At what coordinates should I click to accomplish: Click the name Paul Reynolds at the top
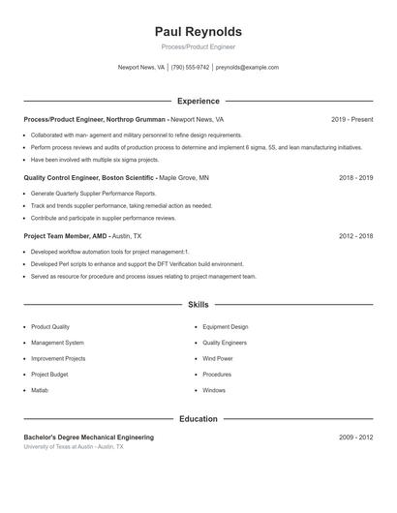(x=198, y=32)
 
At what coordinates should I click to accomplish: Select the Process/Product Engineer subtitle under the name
(x=198, y=46)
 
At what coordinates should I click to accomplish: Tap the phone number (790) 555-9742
(x=190, y=68)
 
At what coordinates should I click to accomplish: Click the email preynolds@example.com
(x=247, y=68)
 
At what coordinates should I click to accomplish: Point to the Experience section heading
(x=198, y=101)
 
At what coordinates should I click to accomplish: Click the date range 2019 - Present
(x=351, y=119)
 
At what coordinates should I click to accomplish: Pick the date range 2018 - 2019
(x=355, y=178)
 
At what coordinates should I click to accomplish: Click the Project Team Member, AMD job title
(x=65, y=235)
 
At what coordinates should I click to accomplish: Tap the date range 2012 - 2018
(x=355, y=235)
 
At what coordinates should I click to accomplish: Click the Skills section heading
(x=198, y=304)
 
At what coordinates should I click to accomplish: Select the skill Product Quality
(x=50, y=327)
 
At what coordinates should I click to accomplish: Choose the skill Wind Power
(x=218, y=358)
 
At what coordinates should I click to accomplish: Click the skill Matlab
(x=40, y=390)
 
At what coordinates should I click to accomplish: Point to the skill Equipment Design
(x=225, y=327)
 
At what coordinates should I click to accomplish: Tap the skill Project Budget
(x=49, y=374)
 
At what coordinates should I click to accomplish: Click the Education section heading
(x=198, y=419)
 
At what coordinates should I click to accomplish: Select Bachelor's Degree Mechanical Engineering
(x=88, y=438)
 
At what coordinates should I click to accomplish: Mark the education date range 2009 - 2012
(x=355, y=438)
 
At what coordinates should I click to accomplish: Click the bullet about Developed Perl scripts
(x=137, y=263)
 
